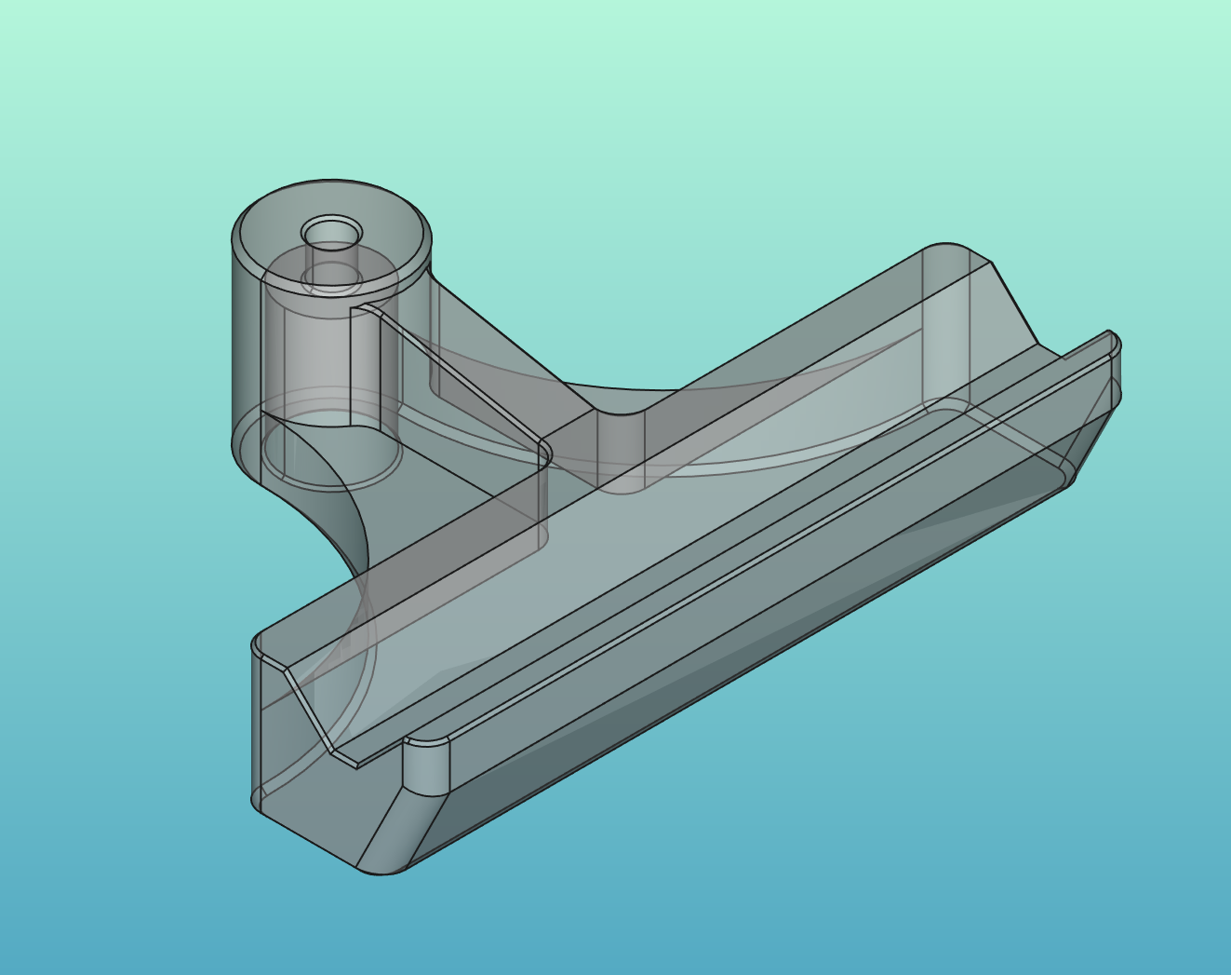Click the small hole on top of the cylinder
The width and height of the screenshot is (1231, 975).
(331, 230)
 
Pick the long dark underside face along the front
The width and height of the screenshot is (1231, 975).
(744, 670)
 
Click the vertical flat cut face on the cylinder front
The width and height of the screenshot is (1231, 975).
(365, 368)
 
